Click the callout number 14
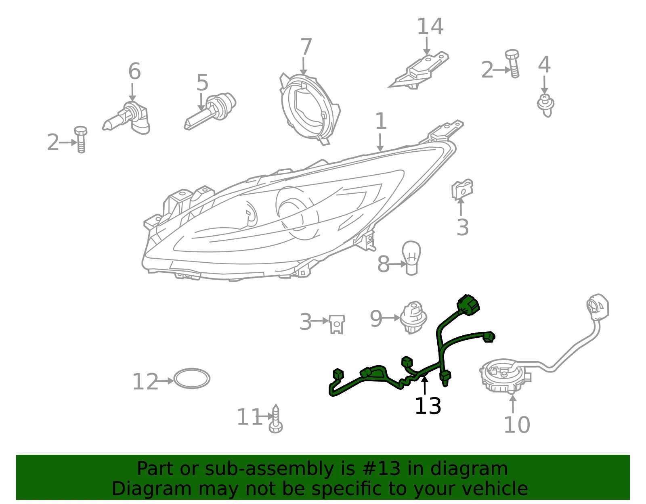click(430, 27)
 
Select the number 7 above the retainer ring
click(306, 47)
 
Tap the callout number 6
click(134, 71)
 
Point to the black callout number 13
click(428, 406)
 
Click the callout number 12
click(145, 382)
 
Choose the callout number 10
click(517, 425)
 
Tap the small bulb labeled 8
click(411, 258)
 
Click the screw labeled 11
click(276, 419)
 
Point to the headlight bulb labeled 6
click(126, 118)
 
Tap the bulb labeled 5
click(210, 111)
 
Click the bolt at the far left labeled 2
click(81, 140)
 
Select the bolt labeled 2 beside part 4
click(513, 64)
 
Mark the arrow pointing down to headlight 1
click(380, 142)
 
